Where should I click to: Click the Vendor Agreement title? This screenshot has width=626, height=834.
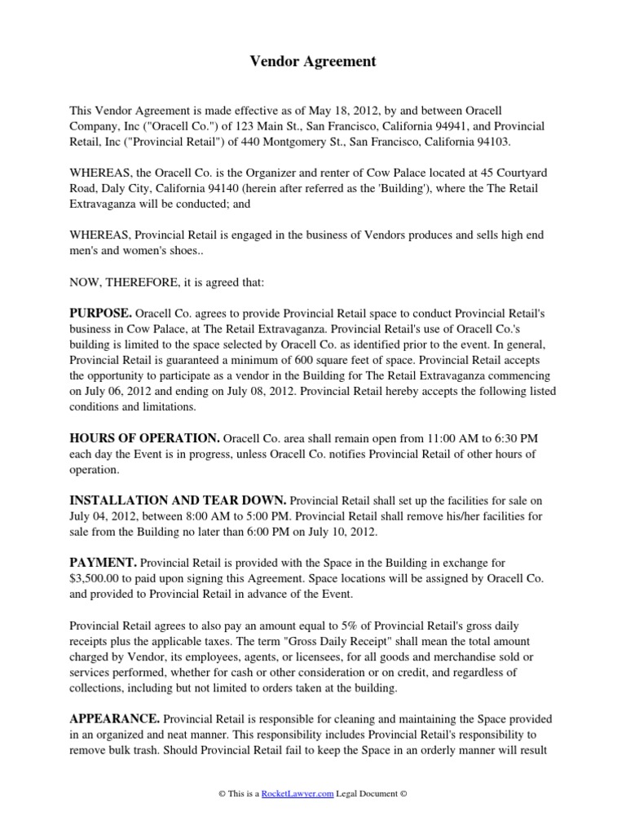point(312,62)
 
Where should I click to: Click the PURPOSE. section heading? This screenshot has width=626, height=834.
point(100,313)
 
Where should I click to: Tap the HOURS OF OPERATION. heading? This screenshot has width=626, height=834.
point(144,438)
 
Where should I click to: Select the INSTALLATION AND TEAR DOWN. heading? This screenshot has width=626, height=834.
point(178,500)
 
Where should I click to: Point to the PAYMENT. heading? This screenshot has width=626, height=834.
point(103,562)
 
